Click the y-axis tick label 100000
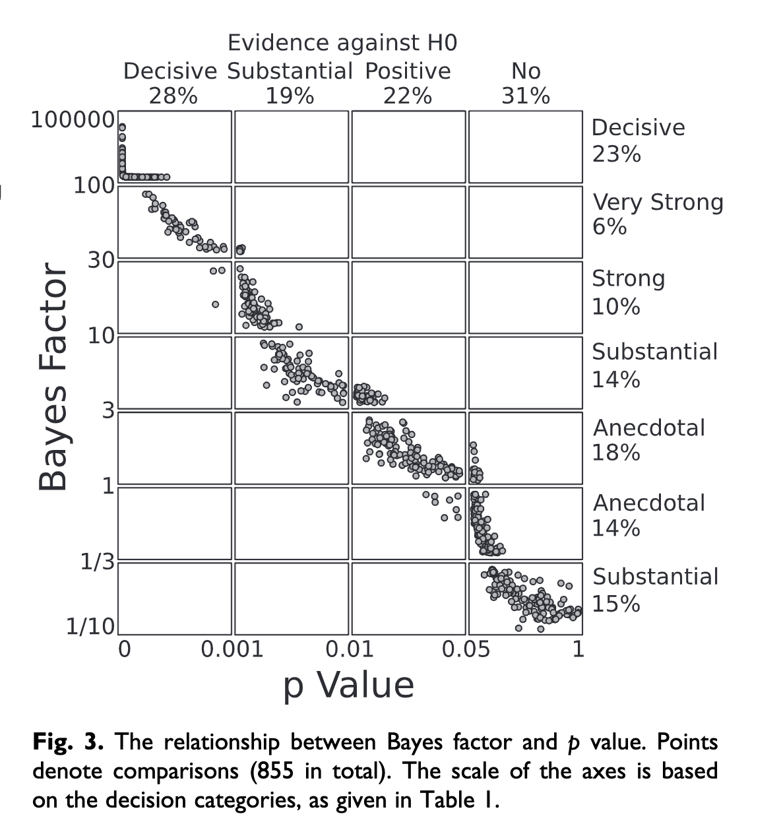pos(73,120)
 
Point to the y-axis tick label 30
pos(101,260)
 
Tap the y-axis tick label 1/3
pos(97,562)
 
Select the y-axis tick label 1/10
pos(90,625)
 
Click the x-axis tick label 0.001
pos(232,649)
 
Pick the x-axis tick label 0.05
pos(466,649)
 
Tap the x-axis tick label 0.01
pos(350,649)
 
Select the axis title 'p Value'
pos(349,685)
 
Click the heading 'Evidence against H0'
pos(342,43)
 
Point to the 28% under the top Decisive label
pos(173,96)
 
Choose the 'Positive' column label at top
pos(408,71)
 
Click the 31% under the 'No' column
pos(526,96)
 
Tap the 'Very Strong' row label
pos(658,202)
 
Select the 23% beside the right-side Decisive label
pos(616,154)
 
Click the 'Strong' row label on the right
pos(628,278)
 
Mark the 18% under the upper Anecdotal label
pos(616,453)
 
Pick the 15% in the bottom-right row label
pos(616,604)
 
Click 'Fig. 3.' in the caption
pos(68,742)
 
